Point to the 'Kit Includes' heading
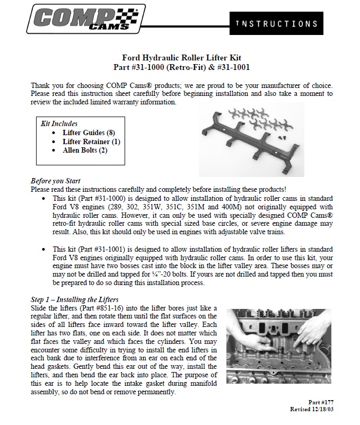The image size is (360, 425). [x=59, y=123]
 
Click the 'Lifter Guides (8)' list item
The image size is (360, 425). [x=89, y=132]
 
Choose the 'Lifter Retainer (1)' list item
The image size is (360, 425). [x=91, y=141]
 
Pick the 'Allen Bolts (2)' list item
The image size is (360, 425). [x=85, y=150]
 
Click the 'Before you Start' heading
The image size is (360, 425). [x=56, y=181]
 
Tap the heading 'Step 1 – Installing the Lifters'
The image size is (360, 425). [x=74, y=299]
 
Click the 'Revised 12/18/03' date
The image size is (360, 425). [x=311, y=410]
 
